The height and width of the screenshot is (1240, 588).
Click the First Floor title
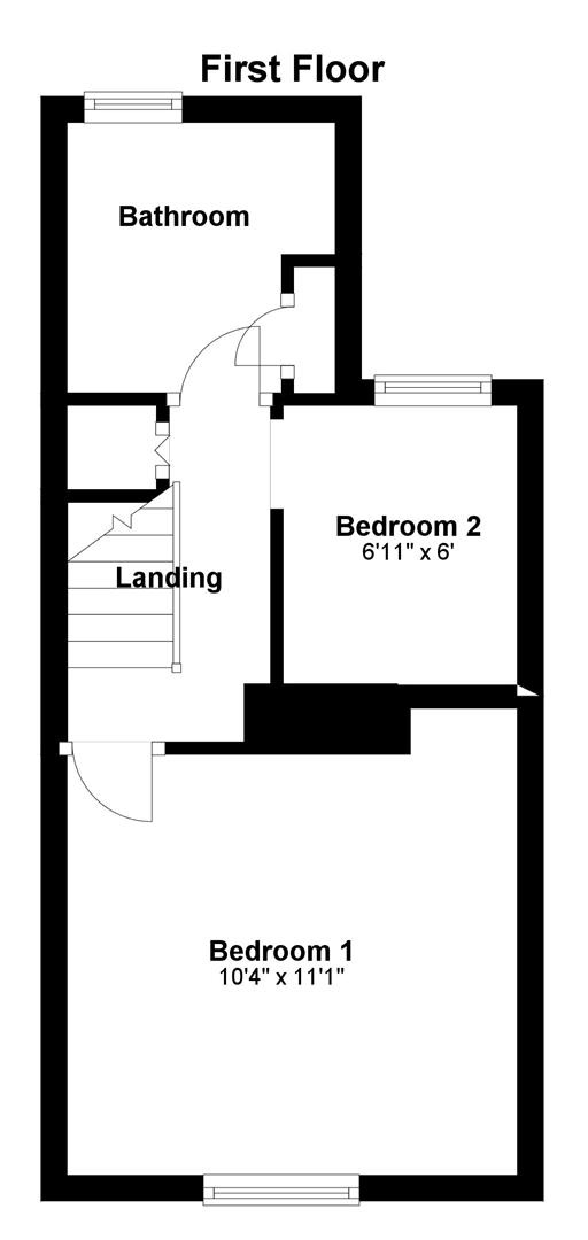coord(292,69)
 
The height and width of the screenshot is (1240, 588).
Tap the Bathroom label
coord(184,217)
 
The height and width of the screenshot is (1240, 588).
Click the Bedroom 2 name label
coord(408,526)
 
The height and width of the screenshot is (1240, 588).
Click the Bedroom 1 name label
coord(281,951)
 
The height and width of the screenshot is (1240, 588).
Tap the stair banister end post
coord(177,668)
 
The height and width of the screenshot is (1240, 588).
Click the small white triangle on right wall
coord(525,691)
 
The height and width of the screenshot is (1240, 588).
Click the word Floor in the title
coord(338,69)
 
